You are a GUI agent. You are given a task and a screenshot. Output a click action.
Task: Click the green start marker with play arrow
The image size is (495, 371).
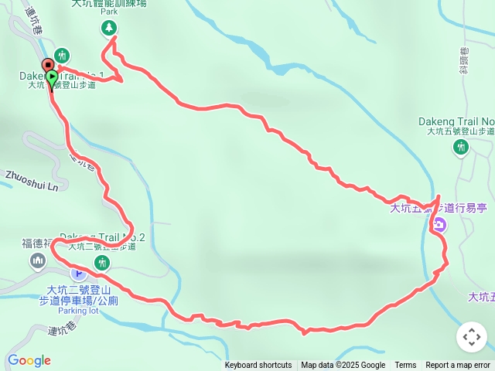pyautogui.click(x=53, y=77)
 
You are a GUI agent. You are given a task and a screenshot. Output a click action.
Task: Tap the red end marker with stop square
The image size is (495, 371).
pyautogui.click(x=46, y=64)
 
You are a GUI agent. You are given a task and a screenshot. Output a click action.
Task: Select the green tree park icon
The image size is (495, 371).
pyautogui.click(x=109, y=29)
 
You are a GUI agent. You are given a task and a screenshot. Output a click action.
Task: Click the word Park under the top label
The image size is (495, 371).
pyautogui.click(x=109, y=13)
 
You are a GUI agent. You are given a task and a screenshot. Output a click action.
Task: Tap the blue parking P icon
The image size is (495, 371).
pyautogui.click(x=77, y=273)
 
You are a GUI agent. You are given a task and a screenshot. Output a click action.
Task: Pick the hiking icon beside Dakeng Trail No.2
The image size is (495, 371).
pyautogui.click(x=101, y=264)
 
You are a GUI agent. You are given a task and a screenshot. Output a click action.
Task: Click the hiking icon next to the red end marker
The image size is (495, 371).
pyautogui.click(x=63, y=56)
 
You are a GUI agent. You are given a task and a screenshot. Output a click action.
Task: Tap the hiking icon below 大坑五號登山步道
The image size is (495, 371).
pyautogui.click(x=461, y=147)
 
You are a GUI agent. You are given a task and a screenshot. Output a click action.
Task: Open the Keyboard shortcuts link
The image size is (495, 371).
pyautogui.click(x=258, y=366)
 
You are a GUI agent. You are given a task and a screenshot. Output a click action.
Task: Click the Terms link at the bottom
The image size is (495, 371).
pyautogui.click(x=405, y=366)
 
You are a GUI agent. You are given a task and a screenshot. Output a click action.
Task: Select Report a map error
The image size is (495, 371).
pyautogui.click(x=458, y=366)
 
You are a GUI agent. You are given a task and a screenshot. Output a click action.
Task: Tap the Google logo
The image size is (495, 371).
pyautogui.click(x=29, y=360)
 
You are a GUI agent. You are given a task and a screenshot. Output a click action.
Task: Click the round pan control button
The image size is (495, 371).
pyautogui.click(x=472, y=337)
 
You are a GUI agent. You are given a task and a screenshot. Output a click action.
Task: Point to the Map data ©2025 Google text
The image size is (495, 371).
pyautogui.click(x=343, y=366)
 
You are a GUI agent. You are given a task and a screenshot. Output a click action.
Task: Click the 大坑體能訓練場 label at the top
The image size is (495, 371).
pyautogui.click(x=109, y=3)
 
